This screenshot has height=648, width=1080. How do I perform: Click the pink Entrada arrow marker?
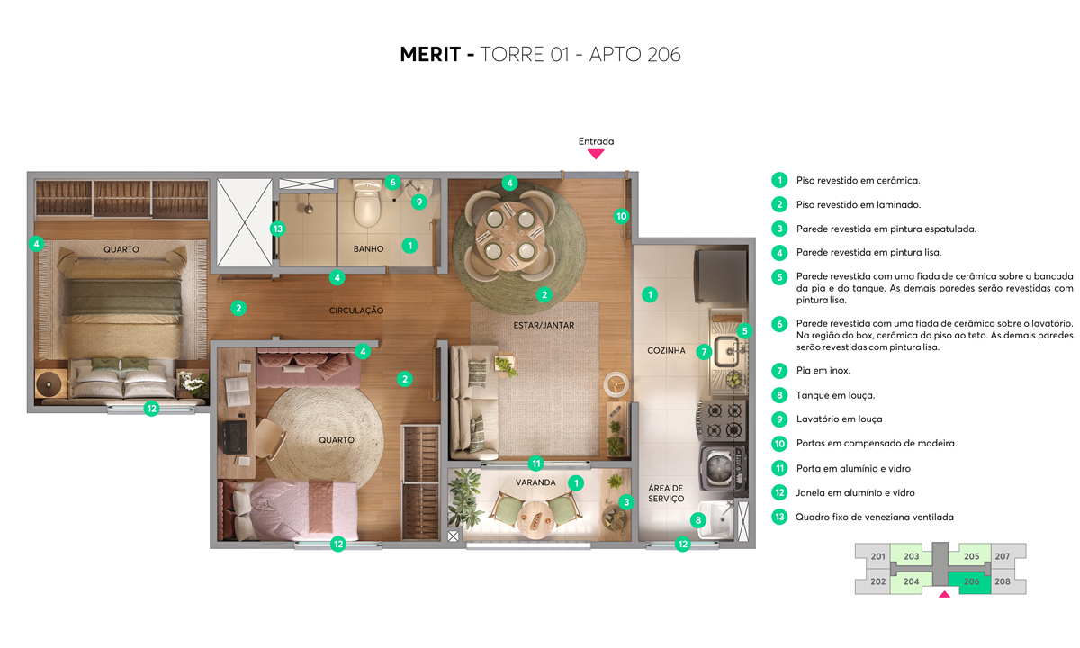click(596, 154)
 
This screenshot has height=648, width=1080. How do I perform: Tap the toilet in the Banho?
click(368, 205)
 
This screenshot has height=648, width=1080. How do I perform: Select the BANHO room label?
click(369, 248)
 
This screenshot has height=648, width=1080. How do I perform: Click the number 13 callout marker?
click(278, 229)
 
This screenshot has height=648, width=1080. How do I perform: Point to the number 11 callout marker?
click(536, 463)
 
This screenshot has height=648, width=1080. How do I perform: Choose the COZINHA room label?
click(666, 350)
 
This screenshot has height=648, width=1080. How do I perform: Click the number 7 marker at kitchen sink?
click(704, 352)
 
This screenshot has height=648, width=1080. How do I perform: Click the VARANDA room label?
click(534, 482)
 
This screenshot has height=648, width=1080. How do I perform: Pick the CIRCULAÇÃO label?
click(355, 310)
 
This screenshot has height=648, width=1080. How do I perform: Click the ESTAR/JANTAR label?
click(544, 325)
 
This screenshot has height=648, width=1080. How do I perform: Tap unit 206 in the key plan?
click(971, 581)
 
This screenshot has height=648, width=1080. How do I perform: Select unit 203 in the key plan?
click(911, 556)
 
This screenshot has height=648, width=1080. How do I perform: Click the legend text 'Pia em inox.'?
click(823, 370)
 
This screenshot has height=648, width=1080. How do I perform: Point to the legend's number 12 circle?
click(779, 492)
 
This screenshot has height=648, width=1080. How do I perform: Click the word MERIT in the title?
click(430, 55)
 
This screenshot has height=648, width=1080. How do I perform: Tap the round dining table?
click(510, 234)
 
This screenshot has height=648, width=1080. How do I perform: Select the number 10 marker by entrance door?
click(620, 216)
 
